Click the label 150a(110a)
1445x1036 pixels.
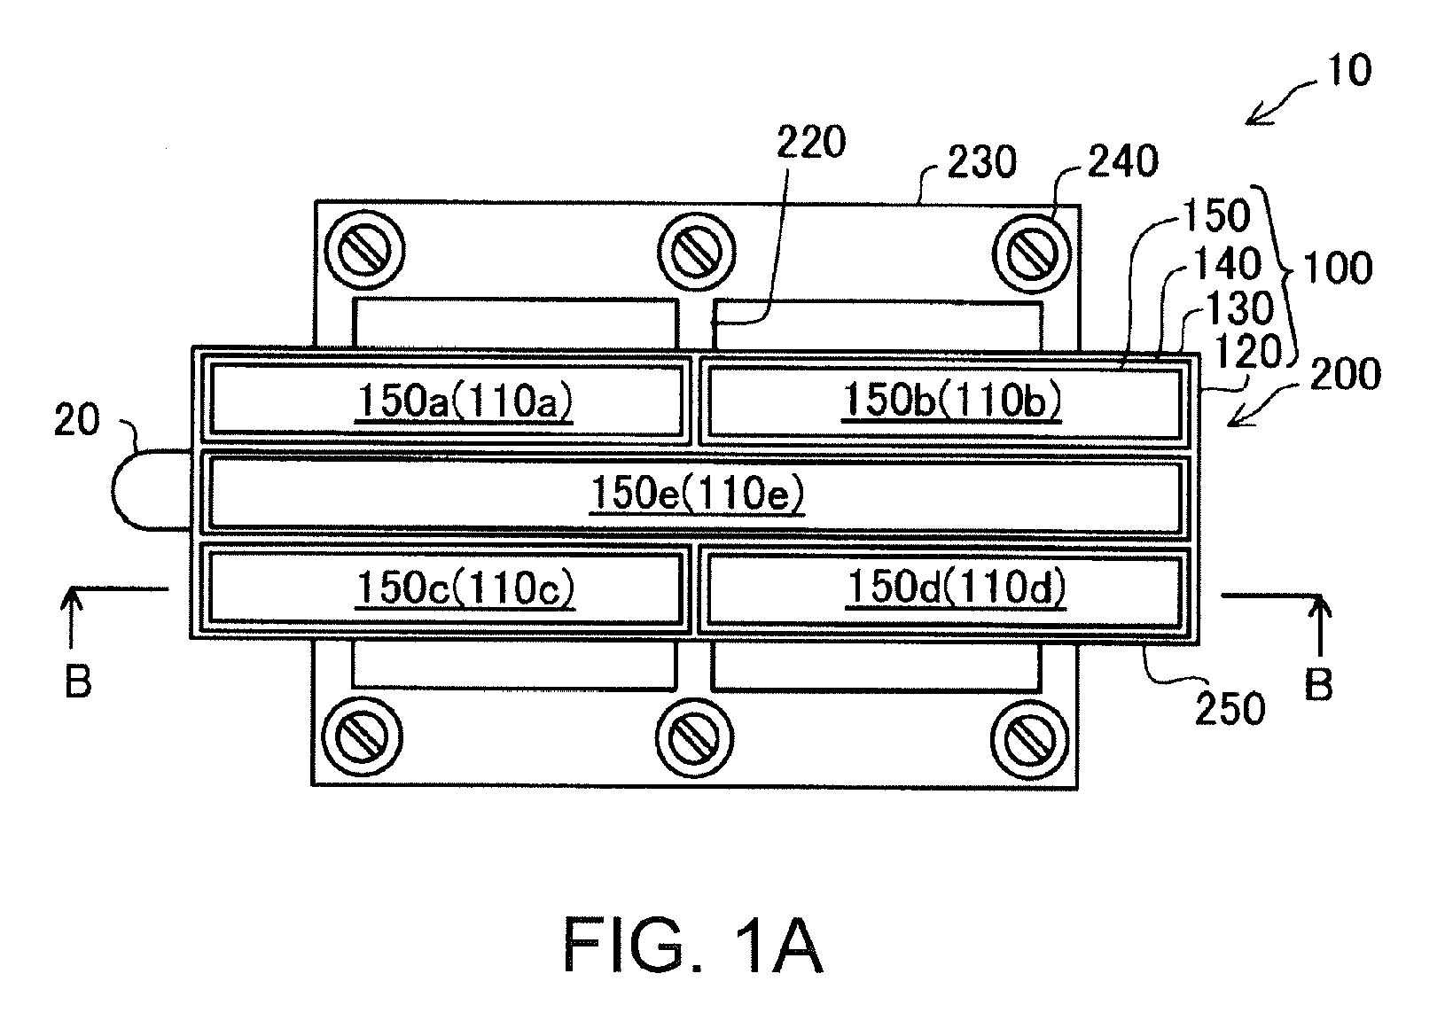[465, 401]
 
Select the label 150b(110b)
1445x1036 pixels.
[952, 400]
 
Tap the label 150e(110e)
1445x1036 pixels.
[698, 494]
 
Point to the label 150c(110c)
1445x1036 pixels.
[465, 588]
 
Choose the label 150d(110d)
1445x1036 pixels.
[956, 587]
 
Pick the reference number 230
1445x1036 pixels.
[982, 161]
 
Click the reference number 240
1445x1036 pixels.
[1123, 161]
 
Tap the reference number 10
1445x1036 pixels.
[1349, 70]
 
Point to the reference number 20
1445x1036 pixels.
[77, 421]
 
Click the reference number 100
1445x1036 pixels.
[1337, 269]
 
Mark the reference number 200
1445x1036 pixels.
[1345, 374]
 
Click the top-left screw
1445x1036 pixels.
[363, 250]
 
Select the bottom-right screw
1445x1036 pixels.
[1029, 738]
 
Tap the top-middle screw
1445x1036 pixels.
[697, 251]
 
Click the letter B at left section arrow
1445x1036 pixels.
[78, 682]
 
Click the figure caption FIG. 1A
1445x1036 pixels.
[693, 946]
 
